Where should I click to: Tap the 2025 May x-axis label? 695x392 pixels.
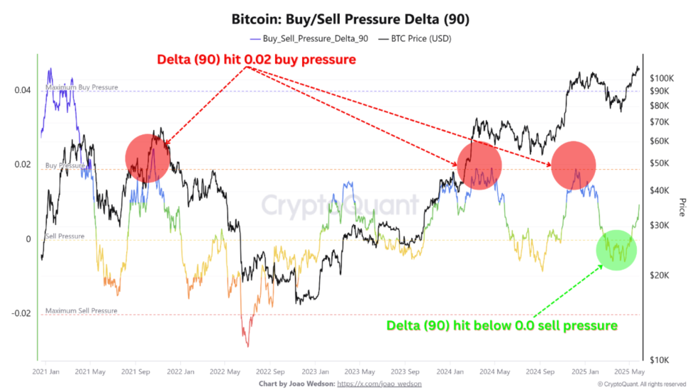(629, 371)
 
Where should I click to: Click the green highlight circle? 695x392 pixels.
(616, 250)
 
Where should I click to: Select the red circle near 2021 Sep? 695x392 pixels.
(148, 158)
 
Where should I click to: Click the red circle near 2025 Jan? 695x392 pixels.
(574, 165)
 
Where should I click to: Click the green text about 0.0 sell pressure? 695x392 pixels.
(501, 325)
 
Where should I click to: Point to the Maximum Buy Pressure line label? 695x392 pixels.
(82, 87)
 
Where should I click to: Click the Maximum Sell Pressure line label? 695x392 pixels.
(82, 311)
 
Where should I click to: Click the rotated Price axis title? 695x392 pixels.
(682, 207)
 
